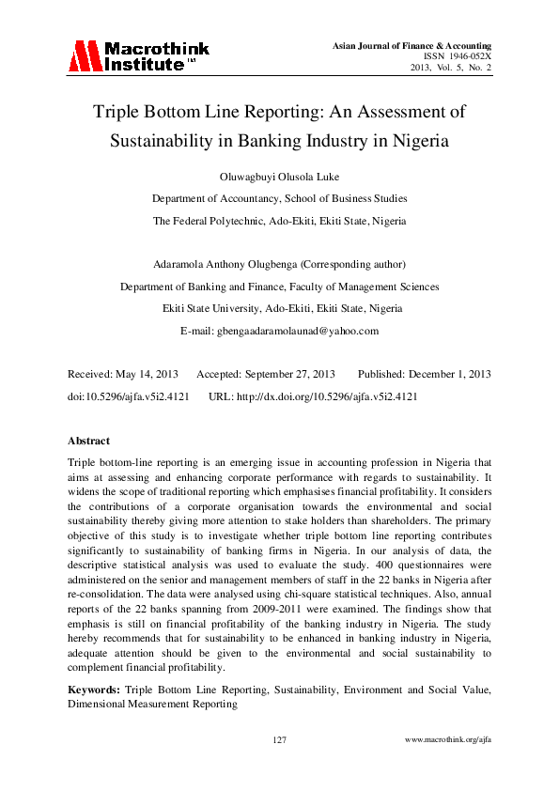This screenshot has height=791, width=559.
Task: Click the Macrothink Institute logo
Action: point(138,56)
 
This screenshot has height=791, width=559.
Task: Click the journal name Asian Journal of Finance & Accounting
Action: point(412,45)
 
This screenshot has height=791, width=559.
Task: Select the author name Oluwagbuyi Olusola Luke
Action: point(279,177)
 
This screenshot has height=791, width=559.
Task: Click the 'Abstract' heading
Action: point(88,441)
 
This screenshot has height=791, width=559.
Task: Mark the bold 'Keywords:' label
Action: point(94,690)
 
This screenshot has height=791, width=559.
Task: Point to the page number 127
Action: point(279,740)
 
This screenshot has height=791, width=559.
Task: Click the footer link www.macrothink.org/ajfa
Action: point(447,740)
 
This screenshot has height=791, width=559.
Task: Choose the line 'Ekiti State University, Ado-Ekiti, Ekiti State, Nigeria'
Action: point(279,308)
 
